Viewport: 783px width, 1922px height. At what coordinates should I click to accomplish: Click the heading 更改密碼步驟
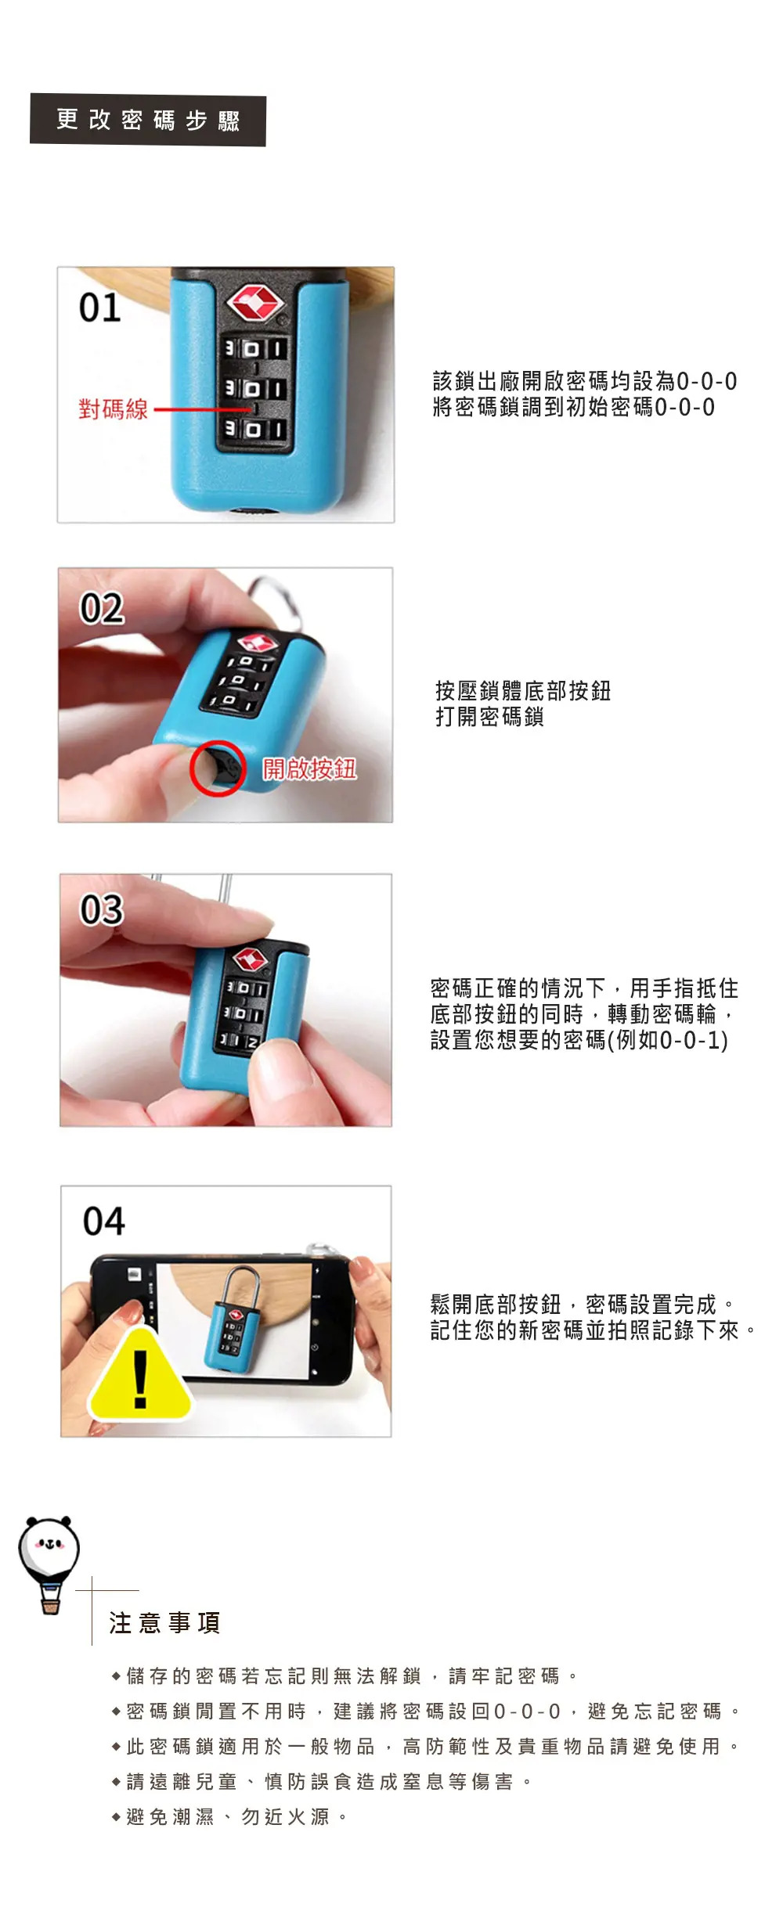pyautogui.click(x=148, y=121)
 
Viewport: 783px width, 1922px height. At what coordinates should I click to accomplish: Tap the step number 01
pyautogui.click(x=99, y=308)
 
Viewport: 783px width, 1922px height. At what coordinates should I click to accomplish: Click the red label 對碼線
pyautogui.click(x=113, y=409)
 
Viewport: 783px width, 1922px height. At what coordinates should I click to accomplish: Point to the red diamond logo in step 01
pyautogui.click(x=254, y=303)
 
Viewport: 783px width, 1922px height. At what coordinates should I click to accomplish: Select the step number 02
pyautogui.click(x=102, y=608)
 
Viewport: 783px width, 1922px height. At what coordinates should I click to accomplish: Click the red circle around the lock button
pyautogui.click(x=217, y=768)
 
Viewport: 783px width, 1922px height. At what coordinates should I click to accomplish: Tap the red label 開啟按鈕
pyautogui.click(x=309, y=768)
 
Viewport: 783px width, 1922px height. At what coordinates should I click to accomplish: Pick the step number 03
pyautogui.click(x=102, y=909)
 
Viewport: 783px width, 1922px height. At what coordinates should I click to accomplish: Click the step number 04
pyautogui.click(x=104, y=1221)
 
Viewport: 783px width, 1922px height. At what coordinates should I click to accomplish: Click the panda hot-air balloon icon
pyautogui.click(x=49, y=1565)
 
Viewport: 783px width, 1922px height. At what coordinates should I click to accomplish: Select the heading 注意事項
pyautogui.click(x=164, y=1623)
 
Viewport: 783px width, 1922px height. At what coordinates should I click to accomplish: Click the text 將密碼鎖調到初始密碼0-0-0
pyautogui.click(x=574, y=407)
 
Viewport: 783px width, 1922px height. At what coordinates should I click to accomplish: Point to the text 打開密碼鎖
pyautogui.click(x=489, y=716)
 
